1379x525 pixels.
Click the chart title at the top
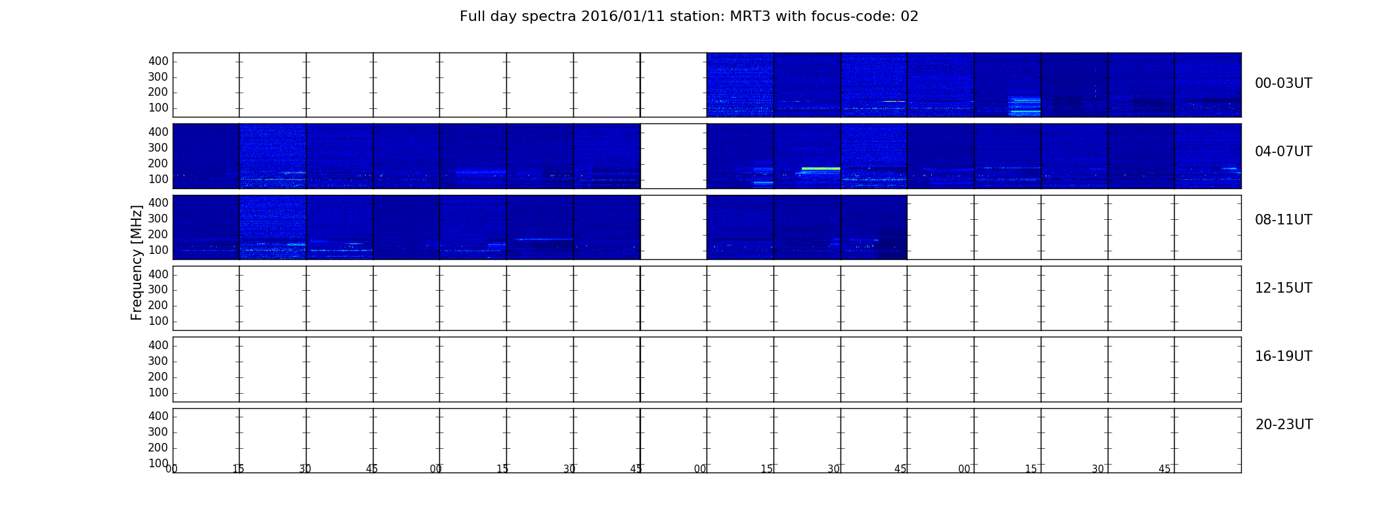(689, 16)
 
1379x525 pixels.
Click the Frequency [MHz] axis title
(137, 262)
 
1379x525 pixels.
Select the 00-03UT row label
(1283, 83)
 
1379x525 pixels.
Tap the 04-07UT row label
(1283, 152)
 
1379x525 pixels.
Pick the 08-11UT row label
(1283, 220)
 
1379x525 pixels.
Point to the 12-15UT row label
(1283, 288)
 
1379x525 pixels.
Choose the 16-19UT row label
(1283, 356)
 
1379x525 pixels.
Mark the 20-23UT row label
(1284, 425)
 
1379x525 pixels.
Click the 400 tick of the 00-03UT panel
(158, 61)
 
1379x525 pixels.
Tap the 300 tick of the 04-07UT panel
(158, 148)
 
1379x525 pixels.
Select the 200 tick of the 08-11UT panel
(158, 234)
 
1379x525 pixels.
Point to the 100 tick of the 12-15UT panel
(158, 321)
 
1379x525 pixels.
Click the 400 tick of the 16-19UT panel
(158, 345)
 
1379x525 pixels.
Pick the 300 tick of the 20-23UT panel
(158, 432)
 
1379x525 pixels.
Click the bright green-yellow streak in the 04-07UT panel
(821, 169)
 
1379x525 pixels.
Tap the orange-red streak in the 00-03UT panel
(894, 101)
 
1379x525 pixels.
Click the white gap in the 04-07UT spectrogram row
(673, 156)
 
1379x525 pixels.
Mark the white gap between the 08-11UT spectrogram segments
(673, 227)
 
